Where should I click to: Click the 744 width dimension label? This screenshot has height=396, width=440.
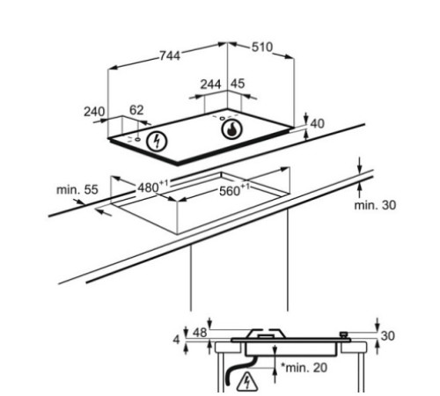click(x=170, y=55)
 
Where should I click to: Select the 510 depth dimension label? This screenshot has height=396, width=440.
click(x=262, y=48)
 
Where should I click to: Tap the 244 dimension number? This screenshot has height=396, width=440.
click(x=210, y=84)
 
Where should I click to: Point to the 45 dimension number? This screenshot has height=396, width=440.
click(x=238, y=84)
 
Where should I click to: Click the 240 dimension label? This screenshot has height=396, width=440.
click(x=94, y=112)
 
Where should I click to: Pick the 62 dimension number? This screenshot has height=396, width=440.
click(x=136, y=110)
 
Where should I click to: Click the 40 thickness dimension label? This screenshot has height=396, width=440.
click(x=318, y=124)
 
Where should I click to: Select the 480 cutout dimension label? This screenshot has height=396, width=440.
click(x=153, y=187)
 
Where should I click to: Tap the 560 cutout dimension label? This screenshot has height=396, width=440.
click(x=234, y=190)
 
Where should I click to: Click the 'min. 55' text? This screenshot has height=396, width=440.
click(x=77, y=189)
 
